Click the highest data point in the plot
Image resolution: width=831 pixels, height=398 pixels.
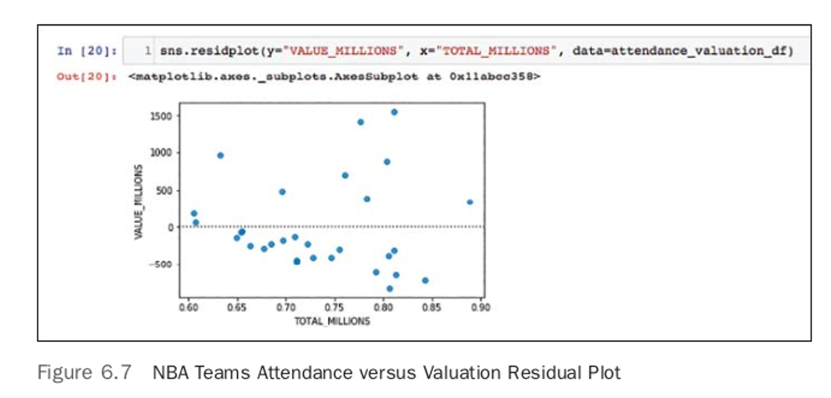pyautogui.click(x=394, y=112)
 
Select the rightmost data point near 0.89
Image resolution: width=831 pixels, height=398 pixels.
pyautogui.click(x=470, y=202)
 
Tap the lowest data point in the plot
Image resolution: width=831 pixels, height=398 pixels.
pyautogui.click(x=390, y=289)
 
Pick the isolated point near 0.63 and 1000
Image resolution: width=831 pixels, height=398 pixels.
pyautogui.click(x=220, y=155)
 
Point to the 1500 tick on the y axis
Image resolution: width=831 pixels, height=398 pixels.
pyautogui.click(x=161, y=116)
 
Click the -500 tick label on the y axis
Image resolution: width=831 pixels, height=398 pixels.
pyautogui.click(x=160, y=264)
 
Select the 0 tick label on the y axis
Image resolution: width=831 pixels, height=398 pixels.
pyautogui.click(x=171, y=227)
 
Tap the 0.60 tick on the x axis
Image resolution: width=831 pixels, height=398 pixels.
pyautogui.click(x=188, y=307)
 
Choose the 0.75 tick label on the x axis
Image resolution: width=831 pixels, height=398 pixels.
pyautogui.click(x=334, y=307)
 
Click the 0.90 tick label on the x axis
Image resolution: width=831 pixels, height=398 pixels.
pyautogui.click(x=480, y=307)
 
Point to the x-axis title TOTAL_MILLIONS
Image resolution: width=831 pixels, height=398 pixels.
pyautogui.click(x=332, y=321)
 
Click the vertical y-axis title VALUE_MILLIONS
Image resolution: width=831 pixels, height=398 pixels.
pyautogui.click(x=138, y=202)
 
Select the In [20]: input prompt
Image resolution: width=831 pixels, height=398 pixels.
pyautogui.click(x=87, y=51)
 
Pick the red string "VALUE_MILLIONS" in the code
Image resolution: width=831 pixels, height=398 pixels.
pyautogui.click(x=343, y=51)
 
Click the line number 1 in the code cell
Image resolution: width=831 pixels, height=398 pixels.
pyautogui.click(x=148, y=51)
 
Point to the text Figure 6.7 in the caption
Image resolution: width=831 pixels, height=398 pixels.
pyautogui.click(x=84, y=372)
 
